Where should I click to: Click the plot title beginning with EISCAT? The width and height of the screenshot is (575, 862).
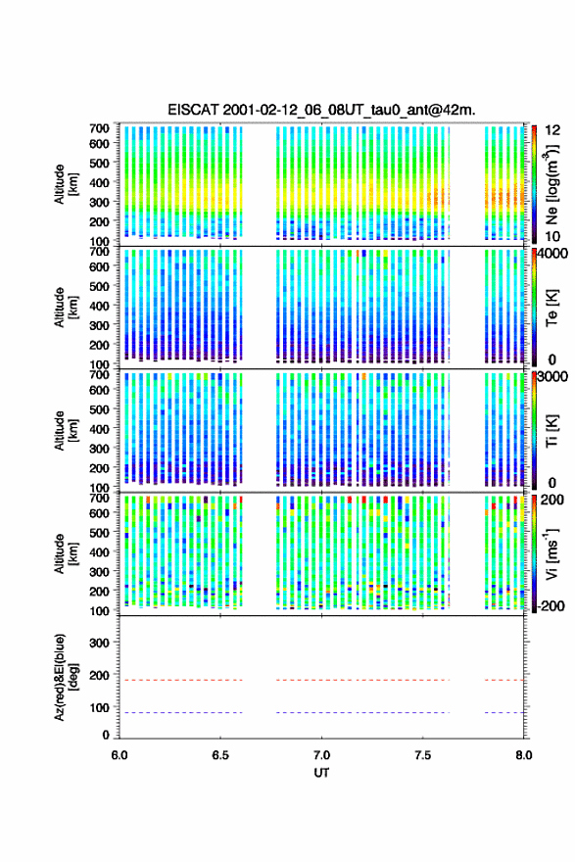click(321, 110)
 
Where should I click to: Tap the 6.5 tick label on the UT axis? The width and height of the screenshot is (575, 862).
click(220, 755)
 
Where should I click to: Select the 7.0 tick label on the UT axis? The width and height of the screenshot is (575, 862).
click(321, 755)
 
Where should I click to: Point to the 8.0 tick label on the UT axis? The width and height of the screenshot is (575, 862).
click(524, 755)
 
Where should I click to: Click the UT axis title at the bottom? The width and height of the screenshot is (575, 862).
click(321, 773)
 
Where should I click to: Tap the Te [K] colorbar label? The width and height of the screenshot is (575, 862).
click(551, 308)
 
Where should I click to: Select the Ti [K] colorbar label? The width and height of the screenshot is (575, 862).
click(551, 431)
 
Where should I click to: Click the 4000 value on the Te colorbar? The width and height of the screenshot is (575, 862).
click(553, 254)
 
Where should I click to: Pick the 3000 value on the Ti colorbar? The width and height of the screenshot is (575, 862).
click(553, 377)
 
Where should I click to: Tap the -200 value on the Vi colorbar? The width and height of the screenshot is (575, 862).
click(550, 605)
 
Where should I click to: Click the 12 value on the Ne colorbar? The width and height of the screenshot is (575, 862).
click(553, 130)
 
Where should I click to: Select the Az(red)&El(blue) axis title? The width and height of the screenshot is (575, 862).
click(66, 677)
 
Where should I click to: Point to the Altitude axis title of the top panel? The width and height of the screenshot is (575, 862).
click(66, 184)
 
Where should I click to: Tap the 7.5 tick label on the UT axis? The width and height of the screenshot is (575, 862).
click(423, 755)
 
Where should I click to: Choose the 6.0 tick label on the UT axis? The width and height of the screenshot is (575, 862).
click(120, 755)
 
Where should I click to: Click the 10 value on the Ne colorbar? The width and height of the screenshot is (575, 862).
click(553, 236)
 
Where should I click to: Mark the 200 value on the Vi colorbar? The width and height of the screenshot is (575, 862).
click(552, 500)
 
